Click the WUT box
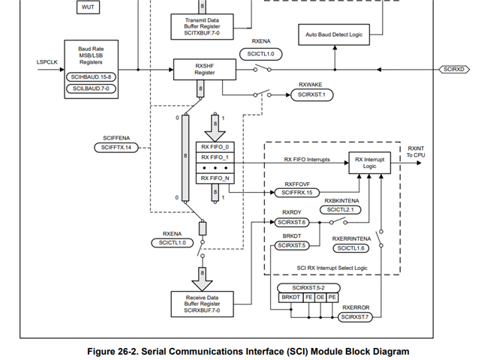pos(89,7)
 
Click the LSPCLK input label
pos(47,62)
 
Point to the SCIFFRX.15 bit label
pos(296,193)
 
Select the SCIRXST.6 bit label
pos(293,222)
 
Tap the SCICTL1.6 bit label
pos(351,248)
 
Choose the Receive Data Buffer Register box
pos(202,304)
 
